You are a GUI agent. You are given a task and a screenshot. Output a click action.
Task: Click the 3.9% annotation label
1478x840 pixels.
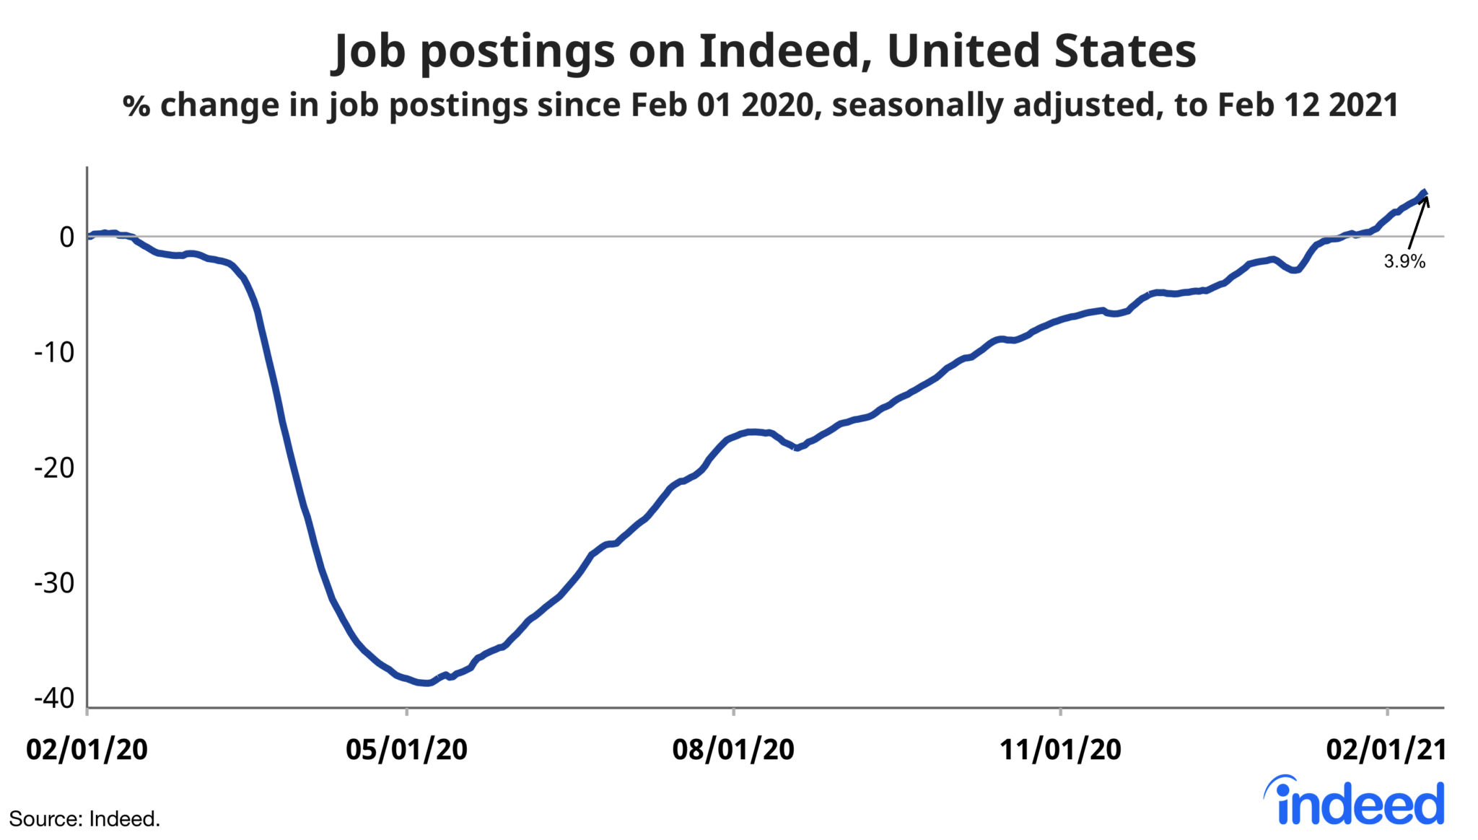coord(1404,261)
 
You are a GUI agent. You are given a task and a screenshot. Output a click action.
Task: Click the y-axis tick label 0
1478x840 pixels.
coord(67,237)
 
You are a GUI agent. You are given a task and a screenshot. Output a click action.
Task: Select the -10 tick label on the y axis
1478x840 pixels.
coord(55,352)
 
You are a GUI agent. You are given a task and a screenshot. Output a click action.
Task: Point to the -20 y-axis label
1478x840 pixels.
coord(55,468)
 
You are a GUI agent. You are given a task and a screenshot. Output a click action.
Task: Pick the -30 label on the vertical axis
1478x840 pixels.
coord(55,583)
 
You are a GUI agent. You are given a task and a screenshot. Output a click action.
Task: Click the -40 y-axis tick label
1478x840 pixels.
coord(55,698)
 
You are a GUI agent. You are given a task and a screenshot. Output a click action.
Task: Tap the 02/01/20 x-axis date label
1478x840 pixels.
coord(87,749)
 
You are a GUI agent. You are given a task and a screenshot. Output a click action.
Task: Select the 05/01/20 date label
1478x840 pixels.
coord(406,749)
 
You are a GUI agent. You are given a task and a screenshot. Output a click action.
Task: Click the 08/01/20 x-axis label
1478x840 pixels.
coord(733,749)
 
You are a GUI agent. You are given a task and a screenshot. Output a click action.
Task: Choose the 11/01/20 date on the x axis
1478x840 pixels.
coord(1060,749)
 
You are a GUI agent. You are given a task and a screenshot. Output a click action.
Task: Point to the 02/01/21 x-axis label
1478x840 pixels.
coord(1386,749)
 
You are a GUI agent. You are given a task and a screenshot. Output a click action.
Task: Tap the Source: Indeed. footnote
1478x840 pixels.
coord(84,819)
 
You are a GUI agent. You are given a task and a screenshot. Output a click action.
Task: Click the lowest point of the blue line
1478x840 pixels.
coord(427,683)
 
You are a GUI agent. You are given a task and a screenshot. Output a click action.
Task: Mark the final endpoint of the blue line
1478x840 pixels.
coord(1425,193)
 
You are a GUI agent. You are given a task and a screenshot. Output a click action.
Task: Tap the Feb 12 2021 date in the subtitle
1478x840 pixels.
coord(1308,105)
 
